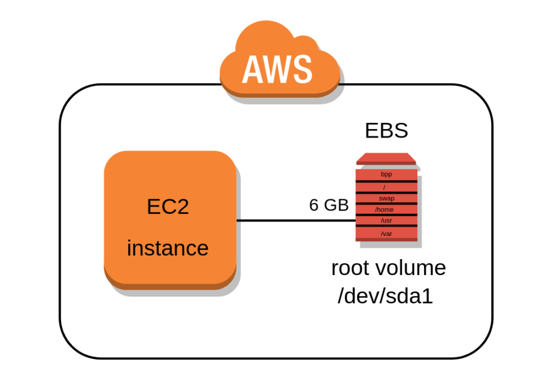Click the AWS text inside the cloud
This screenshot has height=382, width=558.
pos(277,70)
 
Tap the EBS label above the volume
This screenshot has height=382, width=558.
pos(386,131)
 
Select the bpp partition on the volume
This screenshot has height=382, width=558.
pos(386,175)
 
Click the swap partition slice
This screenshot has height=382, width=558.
pos(386,198)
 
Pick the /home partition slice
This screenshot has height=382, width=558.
pos(386,209)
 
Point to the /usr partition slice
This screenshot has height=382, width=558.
pos(386,220)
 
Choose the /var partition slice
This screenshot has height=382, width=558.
pos(386,233)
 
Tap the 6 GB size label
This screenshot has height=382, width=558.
pos(328,205)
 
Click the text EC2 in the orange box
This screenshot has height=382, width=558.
pos(168,207)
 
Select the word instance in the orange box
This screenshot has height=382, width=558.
pos(167,248)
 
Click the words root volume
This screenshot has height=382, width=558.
pos(388,267)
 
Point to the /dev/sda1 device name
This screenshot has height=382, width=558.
pos(385,296)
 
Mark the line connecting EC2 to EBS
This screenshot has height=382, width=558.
pos(294,220)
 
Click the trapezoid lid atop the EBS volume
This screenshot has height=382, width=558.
pos(386,158)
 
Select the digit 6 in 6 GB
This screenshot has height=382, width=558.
pos(314,205)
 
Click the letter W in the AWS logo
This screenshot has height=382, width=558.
pos(276,70)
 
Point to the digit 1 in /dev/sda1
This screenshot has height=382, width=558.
pos(427,296)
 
